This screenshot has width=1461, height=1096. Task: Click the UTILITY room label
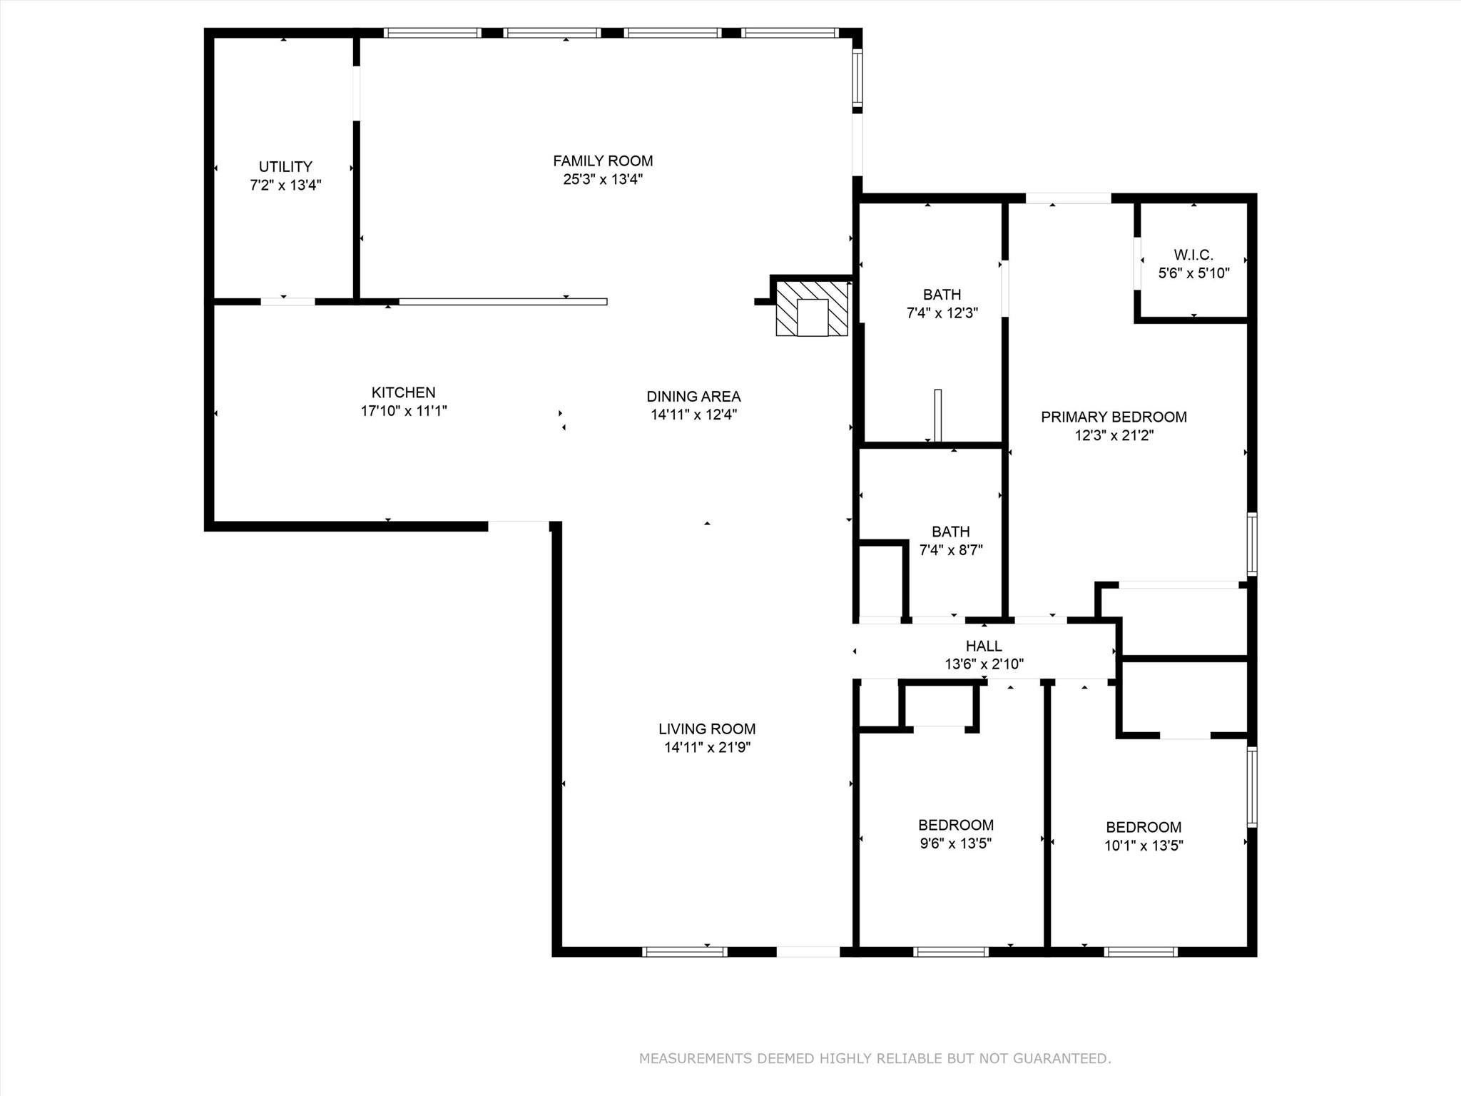pyautogui.click(x=285, y=166)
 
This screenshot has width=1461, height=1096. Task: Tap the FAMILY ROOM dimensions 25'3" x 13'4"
pyautogui.click(x=603, y=179)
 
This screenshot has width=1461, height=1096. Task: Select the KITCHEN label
pyautogui.click(x=403, y=392)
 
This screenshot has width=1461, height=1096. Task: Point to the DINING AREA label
pyautogui.click(x=693, y=396)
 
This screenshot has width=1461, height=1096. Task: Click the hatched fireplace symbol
pyautogui.click(x=812, y=308)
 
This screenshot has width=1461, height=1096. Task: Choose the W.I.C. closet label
pyautogui.click(x=1193, y=255)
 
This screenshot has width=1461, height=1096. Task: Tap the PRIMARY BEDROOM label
pyautogui.click(x=1114, y=417)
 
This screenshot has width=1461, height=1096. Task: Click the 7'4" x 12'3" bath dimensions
pyautogui.click(x=942, y=313)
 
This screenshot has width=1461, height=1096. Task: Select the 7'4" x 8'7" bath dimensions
pyautogui.click(x=950, y=550)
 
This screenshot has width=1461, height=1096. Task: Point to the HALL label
pyautogui.click(x=984, y=646)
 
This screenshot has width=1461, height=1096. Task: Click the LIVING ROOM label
pyautogui.click(x=706, y=729)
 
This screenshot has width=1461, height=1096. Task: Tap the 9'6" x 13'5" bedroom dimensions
pyautogui.click(x=956, y=843)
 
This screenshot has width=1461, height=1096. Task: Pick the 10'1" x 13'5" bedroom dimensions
pyautogui.click(x=1144, y=846)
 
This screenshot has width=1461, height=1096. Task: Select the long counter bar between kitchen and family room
pyautogui.click(x=503, y=302)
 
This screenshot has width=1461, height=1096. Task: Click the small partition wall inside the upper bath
pyautogui.click(x=938, y=415)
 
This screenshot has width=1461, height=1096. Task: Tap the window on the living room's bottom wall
pyautogui.click(x=684, y=951)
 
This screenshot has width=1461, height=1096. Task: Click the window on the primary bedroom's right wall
pyautogui.click(x=1251, y=544)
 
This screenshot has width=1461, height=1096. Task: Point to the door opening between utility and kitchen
pyautogui.click(x=287, y=302)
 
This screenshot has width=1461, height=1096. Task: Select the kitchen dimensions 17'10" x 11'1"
pyautogui.click(x=403, y=411)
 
